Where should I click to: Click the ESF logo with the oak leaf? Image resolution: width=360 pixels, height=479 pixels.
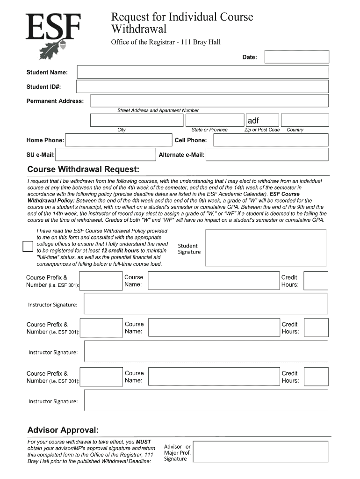click(53, 35)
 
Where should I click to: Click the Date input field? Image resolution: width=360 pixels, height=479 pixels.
click(296, 57)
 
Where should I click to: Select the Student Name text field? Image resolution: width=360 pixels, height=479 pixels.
click(202, 72)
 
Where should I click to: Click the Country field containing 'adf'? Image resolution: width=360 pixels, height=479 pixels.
click(262, 120)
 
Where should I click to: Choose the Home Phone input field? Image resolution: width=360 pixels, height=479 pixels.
click(118, 140)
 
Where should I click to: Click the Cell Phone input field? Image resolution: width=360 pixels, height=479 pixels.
click(271, 140)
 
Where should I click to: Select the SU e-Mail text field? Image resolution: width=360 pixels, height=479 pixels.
click(106, 155)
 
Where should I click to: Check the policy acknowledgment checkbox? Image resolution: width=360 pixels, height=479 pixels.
click(28, 247)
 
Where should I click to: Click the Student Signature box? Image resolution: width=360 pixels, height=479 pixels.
click(266, 248)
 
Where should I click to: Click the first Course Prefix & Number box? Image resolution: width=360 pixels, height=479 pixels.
click(101, 281)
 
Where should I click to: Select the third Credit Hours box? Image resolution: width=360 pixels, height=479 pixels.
click(316, 377)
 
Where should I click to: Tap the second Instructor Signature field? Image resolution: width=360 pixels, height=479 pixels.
click(206, 351)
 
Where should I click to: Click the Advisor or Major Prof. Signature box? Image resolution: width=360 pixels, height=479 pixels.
click(260, 452)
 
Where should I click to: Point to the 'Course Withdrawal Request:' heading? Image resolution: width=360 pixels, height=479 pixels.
click(83, 169)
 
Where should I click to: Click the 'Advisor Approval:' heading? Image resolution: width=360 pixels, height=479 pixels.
click(63, 430)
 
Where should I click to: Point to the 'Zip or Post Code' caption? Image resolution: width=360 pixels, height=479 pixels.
click(262, 130)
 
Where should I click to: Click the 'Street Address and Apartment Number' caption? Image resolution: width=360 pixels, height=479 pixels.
click(158, 110)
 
